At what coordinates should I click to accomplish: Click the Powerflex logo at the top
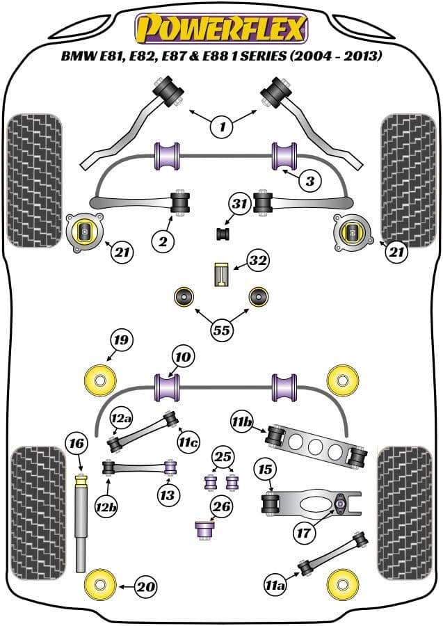click(x=221, y=29)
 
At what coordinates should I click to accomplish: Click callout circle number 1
click(x=223, y=127)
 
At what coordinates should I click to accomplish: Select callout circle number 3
click(x=310, y=181)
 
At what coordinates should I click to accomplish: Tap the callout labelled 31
click(x=240, y=204)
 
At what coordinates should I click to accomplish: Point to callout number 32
click(x=258, y=261)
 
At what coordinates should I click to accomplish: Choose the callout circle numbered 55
click(x=222, y=330)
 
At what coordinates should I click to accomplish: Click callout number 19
click(x=121, y=339)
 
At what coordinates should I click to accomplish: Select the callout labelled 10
click(x=183, y=357)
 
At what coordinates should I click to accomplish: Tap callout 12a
click(x=121, y=418)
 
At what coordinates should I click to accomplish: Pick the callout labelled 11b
click(x=242, y=422)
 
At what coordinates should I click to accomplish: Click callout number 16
click(x=76, y=443)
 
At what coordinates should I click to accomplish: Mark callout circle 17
click(x=304, y=532)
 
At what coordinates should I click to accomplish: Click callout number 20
click(x=146, y=586)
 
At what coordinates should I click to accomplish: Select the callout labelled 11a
click(x=275, y=585)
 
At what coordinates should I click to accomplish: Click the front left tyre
click(x=35, y=180)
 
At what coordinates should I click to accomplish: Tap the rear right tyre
click(x=405, y=513)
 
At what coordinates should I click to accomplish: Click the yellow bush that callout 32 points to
click(x=221, y=274)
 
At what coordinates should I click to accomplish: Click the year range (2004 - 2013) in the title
click(x=336, y=56)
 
